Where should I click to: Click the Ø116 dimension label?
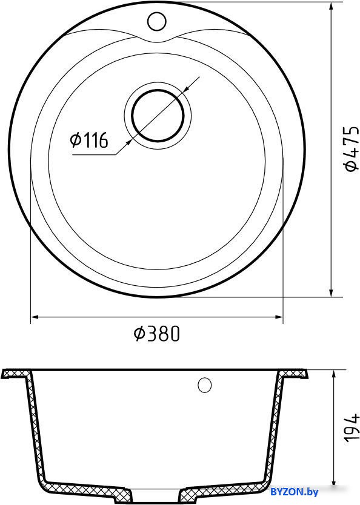[x=89, y=140]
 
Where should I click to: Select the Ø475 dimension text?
[x=351, y=148]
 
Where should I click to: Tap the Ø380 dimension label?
[x=156, y=334]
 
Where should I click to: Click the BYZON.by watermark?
[x=295, y=492]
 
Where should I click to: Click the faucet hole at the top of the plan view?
[x=156, y=21]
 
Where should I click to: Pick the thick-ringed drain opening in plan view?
[x=158, y=115]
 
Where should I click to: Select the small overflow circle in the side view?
[x=205, y=385]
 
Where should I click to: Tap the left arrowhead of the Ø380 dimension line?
[x=35, y=317]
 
